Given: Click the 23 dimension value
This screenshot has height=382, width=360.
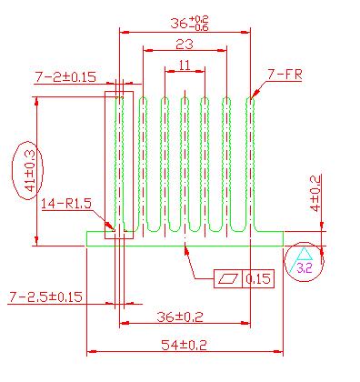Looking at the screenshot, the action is [x=185, y=45].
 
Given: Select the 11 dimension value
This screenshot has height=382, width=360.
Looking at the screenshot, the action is [x=185, y=65].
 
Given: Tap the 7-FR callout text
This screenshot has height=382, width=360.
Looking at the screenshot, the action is [x=285, y=75].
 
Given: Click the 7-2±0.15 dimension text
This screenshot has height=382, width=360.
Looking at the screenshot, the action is [x=65, y=77].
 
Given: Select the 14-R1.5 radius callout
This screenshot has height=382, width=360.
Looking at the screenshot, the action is [x=66, y=204].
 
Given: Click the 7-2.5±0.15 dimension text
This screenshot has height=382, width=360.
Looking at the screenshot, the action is [x=45, y=297].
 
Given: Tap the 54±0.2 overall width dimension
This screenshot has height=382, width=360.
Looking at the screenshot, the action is [x=184, y=345].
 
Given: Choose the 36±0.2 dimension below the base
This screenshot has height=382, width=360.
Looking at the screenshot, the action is [x=180, y=317].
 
